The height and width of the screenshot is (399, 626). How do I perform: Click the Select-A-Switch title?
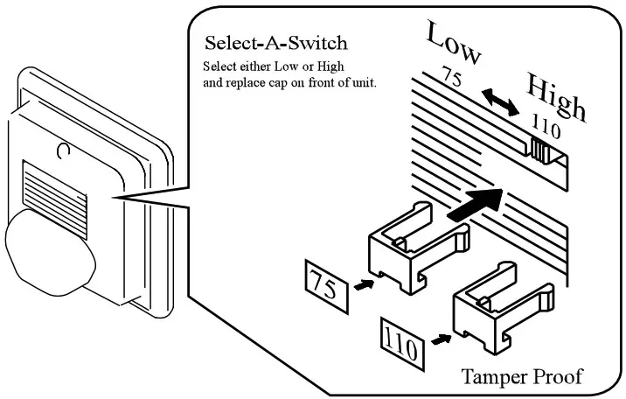[276, 43]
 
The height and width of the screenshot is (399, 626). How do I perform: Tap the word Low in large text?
[454, 42]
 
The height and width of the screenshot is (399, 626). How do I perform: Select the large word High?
[557, 96]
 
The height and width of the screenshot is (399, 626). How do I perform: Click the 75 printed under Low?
[452, 76]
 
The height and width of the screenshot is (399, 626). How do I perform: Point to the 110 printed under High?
[546, 126]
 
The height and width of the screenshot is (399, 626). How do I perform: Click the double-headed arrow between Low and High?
[501, 102]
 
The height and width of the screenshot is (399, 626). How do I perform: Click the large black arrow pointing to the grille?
[475, 205]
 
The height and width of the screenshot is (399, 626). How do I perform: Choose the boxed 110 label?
[402, 344]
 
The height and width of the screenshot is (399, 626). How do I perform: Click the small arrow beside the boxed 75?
[364, 285]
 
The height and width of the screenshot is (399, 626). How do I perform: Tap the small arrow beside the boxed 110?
[442, 340]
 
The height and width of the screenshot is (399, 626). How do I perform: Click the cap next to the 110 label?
[503, 307]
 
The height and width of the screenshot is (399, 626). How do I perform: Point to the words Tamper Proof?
[522, 376]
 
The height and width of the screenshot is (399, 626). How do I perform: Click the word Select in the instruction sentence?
[219, 66]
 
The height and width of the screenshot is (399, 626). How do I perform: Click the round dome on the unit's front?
[50, 252]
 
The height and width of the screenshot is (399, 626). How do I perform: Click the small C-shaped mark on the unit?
[63, 150]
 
